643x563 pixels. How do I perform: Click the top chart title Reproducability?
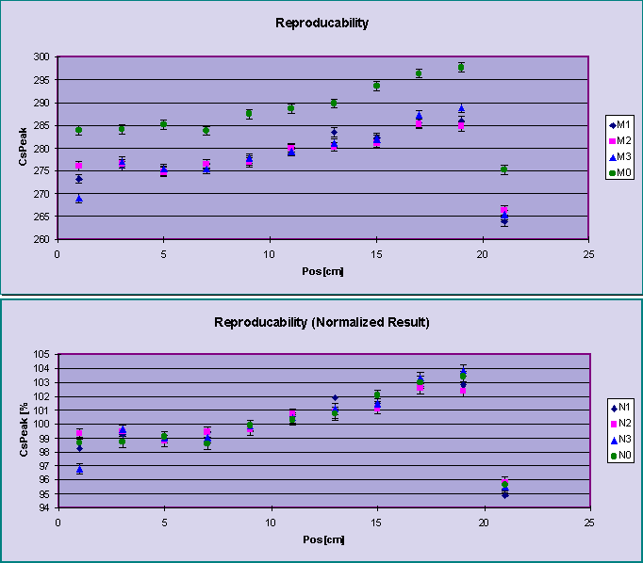pos(321,22)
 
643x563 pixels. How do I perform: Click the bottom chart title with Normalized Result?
pos(321,322)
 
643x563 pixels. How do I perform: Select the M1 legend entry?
pos(619,124)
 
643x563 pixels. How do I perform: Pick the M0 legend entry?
pos(619,172)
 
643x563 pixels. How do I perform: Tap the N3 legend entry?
pos(619,440)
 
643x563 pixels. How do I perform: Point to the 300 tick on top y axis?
pos(44,56)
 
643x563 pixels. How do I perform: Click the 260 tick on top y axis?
pos(44,239)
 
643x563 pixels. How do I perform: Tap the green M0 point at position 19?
pos(461,67)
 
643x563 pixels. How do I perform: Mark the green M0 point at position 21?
pos(504,169)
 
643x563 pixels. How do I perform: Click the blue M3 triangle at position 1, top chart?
pos(79,199)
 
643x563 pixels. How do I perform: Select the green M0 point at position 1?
pos(79,130)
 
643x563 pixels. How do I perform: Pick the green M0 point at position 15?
pos(376,86)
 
